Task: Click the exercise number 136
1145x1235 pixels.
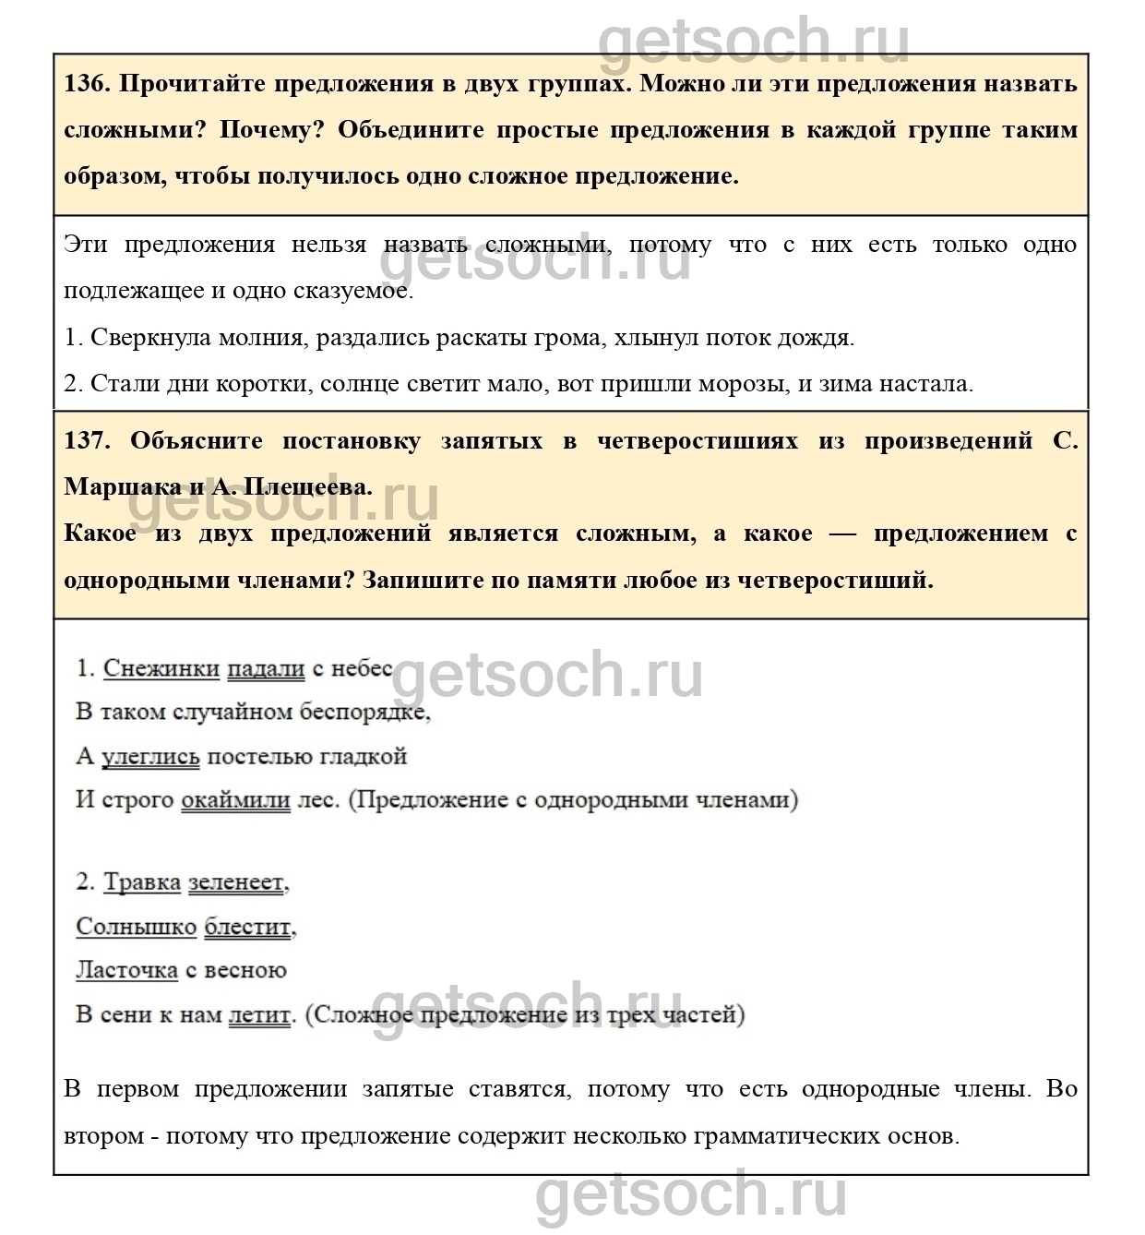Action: (87, 84)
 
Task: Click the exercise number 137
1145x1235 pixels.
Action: (87, 441)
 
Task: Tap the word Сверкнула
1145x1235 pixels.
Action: (151, 338)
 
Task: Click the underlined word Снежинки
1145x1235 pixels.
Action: (161, 668)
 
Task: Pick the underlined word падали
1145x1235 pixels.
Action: (266, 668)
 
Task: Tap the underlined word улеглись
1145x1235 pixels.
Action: (150, 757)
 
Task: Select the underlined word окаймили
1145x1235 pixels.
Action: (235, 800)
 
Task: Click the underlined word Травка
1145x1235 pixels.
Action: (142, 882)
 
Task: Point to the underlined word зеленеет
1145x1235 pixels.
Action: (236, 882)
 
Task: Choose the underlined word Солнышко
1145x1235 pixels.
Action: (137, 927)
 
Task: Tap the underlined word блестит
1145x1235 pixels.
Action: (248, 927)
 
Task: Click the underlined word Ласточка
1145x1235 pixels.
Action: (127, 970)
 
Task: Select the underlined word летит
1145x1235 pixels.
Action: (259, 1015)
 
